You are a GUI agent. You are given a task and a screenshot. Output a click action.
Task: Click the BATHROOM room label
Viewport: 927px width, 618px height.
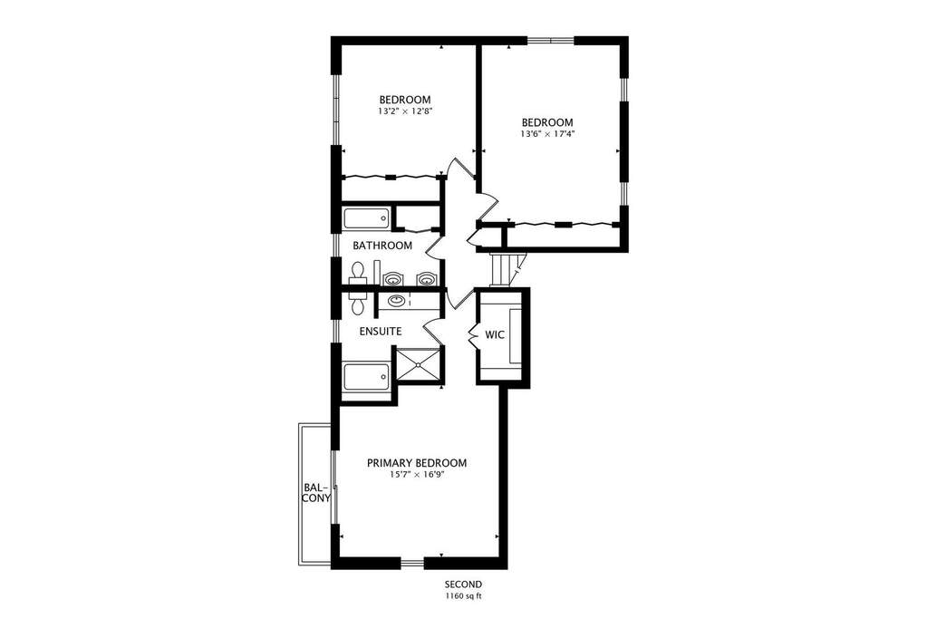[x=381, y=246]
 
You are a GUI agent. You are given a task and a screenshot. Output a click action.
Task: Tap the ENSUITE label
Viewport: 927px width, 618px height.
[x=381, y=331]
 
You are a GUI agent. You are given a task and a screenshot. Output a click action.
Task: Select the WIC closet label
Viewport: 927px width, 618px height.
[x=495, y=334]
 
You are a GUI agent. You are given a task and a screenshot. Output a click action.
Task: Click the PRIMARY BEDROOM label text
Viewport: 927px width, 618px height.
[x=417, y=463]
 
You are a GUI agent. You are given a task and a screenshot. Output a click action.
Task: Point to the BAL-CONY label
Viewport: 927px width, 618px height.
[x=316, y=493]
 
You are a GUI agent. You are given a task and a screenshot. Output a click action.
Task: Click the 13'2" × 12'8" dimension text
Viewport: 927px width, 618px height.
[x=405, y=111]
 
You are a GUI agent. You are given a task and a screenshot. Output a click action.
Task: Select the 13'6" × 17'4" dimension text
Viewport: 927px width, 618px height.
[x=547, y=133]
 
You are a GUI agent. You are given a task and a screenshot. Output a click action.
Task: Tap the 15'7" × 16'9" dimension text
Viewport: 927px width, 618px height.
[x=417, y=474]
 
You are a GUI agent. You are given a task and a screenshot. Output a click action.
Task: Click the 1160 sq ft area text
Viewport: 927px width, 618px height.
[x=464, y=596]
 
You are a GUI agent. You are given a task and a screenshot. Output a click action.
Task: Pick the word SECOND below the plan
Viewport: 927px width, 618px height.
[x=464, y=584]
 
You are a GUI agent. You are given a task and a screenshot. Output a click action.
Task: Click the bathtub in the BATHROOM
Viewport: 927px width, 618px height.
[x=367, y=218]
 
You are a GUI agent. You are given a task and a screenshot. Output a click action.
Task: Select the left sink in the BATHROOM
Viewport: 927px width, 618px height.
[x=392, y=278]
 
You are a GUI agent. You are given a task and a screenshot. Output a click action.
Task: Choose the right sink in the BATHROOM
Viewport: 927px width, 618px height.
[x=426, y=278]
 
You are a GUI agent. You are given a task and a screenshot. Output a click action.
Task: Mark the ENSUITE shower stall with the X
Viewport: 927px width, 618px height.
[x=418, y=367]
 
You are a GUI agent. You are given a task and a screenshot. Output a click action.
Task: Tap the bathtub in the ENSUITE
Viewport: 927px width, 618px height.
[x=367, y=377]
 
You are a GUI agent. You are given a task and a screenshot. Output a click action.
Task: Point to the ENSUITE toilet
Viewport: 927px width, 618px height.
[x=357, y=303]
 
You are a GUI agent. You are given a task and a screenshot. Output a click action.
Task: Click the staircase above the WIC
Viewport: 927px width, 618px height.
[x=504, y=269]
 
